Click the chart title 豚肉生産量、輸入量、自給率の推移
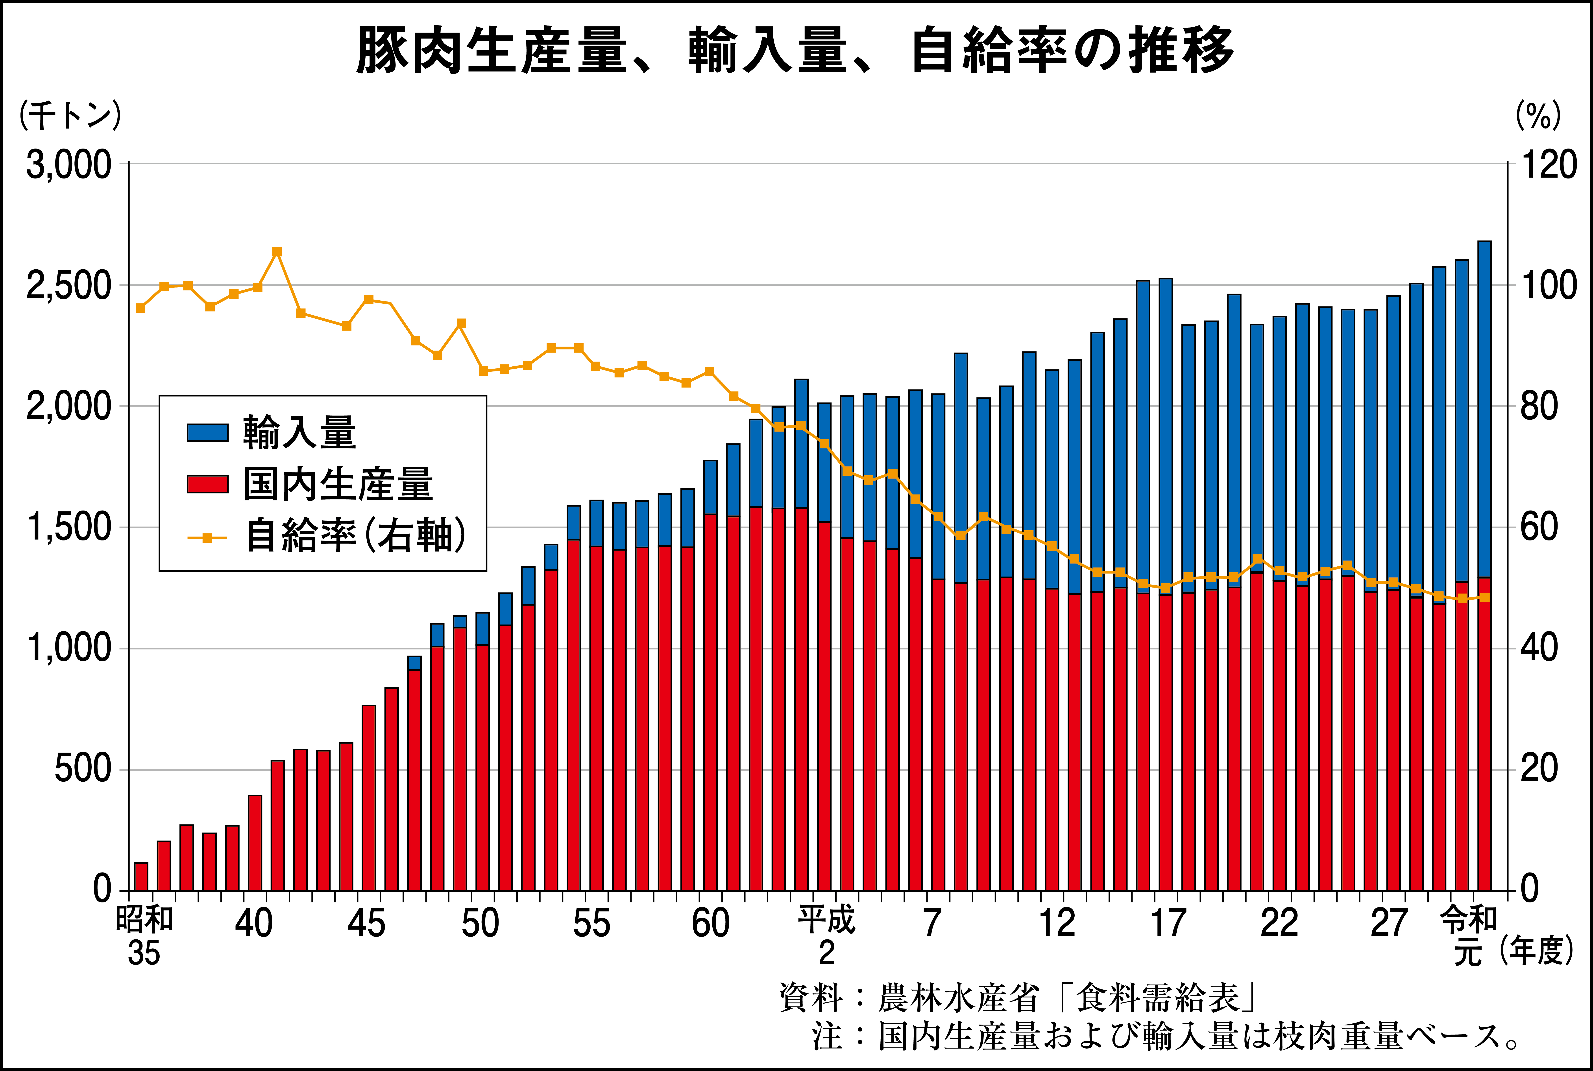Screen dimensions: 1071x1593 coord(795,51)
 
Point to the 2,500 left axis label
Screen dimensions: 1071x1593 coord(68,286)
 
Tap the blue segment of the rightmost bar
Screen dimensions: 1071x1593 coord(1484,410)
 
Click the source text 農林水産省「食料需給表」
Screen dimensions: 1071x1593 coord(1066,998)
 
